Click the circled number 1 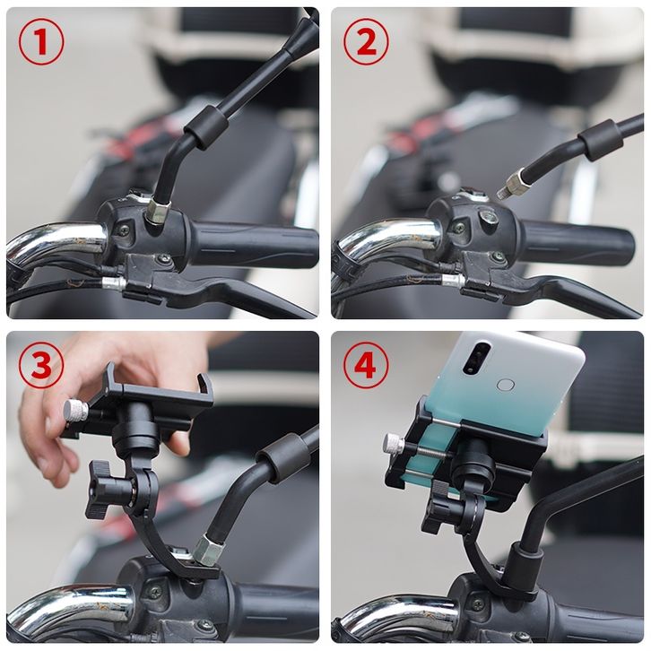click(x=41, y=42)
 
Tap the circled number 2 click(x=366, y=42)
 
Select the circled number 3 click(x=41, y=365)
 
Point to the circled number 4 click(x=366, y=365)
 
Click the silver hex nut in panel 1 click(x=158, y=211)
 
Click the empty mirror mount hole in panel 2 click(x=488, y=216)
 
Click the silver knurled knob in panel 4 click(x=394, y=443)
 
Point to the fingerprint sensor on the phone click(x=506, y=386)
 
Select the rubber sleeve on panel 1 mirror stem click(x=206, y=126)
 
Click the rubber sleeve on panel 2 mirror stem click(x=600, y=140)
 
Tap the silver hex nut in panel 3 click(x=208, y=550)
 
